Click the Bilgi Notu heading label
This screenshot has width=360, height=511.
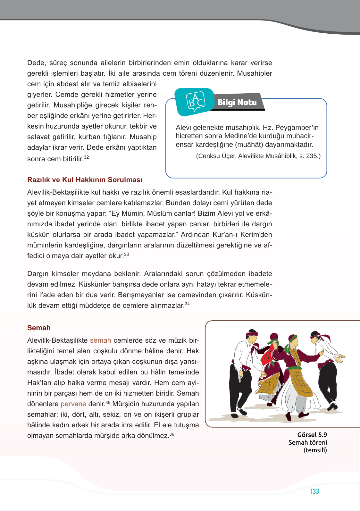[x=237, y=102]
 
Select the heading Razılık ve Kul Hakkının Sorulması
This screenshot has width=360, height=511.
[x=85, y=180]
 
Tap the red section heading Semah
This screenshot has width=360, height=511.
[x=39, y=328]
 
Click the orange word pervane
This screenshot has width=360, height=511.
[x=73, y=404]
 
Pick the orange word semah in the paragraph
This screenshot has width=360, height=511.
[x=100, y=340]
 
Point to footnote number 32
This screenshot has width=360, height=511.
[x=87, y=157]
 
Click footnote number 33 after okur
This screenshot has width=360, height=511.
[x=127, y=254]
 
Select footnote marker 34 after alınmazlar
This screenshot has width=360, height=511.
[x=187, y=304]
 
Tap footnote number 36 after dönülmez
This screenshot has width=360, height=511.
[x=172, y=434]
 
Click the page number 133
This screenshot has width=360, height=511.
[x=314, y=491]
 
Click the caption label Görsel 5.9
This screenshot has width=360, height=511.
[x=312, y=435]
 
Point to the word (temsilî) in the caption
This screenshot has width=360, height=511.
[x=315, y=450]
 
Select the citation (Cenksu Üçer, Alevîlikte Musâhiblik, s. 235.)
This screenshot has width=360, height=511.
[x=258, y=156]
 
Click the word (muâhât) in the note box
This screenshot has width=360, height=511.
[x=250, y=145]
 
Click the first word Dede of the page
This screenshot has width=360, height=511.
[x=37, y=63]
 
